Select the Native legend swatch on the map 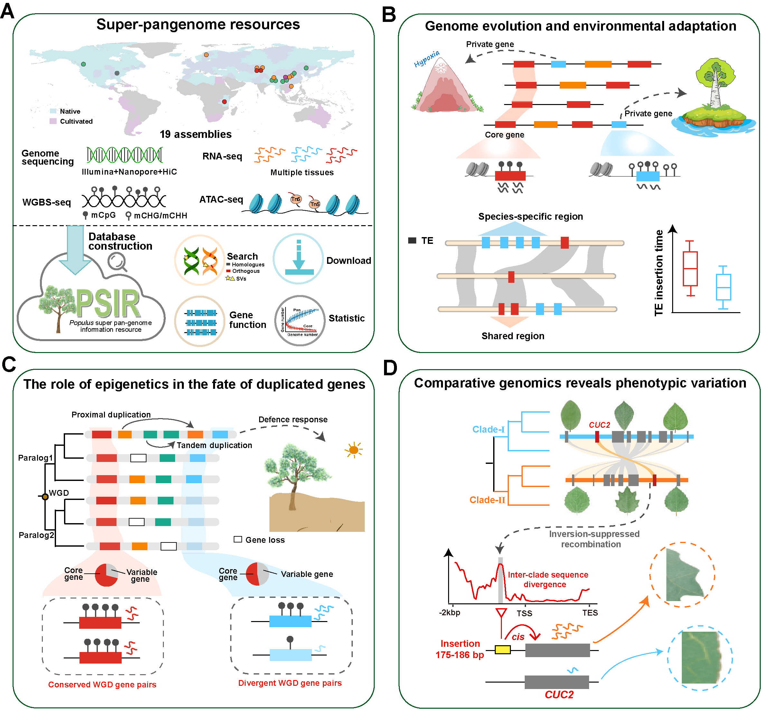pos(53,111)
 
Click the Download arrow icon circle pos(298,259)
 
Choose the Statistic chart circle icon pos(300,321)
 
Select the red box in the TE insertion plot pos(690,269)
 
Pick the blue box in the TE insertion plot pos(723,287)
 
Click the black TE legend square pos(412,241)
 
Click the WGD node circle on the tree pos(45,497)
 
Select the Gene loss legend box pos(238,539)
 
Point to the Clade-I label pos(488,429)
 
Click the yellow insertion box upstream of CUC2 pos(502,650)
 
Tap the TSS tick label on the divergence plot pos(524,614)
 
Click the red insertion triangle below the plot pos(501,612)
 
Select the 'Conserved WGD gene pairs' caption pos(102,685)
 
